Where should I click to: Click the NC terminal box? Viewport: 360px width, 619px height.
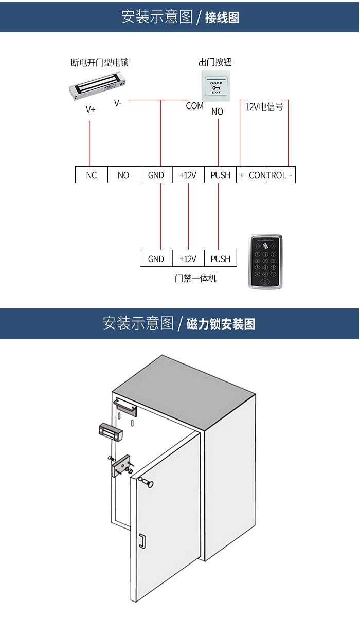[x=92, y=175]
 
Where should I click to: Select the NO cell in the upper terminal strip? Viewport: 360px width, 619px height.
[x=123, y=175]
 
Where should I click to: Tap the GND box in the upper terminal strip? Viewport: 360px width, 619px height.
[x=156, y=175]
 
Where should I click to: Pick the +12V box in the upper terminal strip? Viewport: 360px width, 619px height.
[x=188, y=175]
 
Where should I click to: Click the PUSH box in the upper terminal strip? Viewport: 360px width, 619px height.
[x=220, y=175]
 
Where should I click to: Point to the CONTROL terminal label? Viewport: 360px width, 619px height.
[x=267, y=175]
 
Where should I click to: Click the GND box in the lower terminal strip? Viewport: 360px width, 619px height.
[x=156, y=259]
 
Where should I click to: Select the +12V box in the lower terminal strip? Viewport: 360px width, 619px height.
[x=188, y=259]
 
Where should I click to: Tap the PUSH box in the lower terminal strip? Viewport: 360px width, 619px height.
[x=220, y=259]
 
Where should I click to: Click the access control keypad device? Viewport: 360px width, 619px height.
[x=265, y=262]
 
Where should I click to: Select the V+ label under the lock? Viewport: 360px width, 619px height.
[x=91, y=109]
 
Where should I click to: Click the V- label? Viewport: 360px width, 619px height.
[x=118, y=103]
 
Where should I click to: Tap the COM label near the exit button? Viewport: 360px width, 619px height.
[x=194, y=106]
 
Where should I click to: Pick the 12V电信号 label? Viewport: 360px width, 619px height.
[x=264, y=107]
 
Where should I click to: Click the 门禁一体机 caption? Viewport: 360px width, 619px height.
[x=195, y=279]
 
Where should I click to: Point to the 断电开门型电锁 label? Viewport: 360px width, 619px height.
[x=99, y=63]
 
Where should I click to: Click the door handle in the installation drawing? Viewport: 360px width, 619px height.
[x=142, y=540]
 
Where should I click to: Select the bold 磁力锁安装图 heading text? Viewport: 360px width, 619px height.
[x=221, y=324]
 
